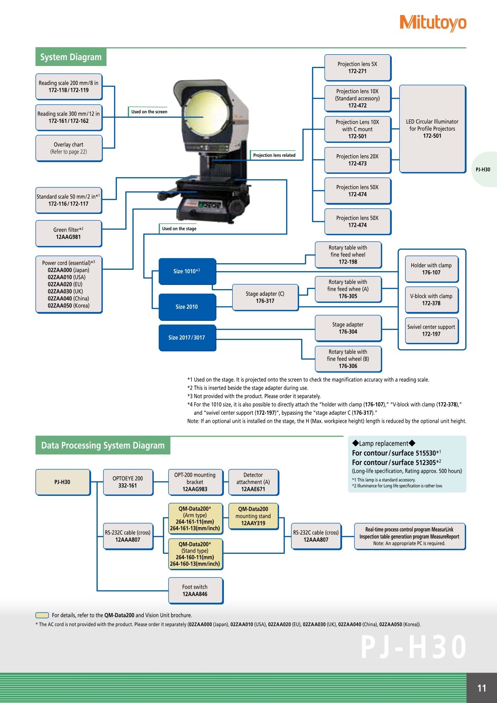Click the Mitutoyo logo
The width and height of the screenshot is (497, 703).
433,23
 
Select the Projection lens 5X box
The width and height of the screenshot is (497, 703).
358,68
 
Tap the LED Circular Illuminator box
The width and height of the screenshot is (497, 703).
432,129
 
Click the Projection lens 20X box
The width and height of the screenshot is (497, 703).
358,160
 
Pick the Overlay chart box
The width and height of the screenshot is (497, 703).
69,148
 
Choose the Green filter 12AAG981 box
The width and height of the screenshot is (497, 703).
68,233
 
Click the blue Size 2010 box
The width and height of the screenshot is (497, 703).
188,307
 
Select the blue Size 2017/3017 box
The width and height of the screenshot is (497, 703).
188,338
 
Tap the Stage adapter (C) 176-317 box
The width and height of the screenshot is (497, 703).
265,297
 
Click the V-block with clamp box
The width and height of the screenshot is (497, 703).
431,300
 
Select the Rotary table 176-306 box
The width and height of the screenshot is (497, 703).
348,359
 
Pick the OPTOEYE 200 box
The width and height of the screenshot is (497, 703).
128,482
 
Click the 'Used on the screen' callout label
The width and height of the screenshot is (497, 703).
148,112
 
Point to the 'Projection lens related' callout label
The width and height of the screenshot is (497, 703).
273,155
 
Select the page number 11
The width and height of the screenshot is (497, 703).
482,688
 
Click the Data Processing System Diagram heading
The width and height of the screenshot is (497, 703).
103,445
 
